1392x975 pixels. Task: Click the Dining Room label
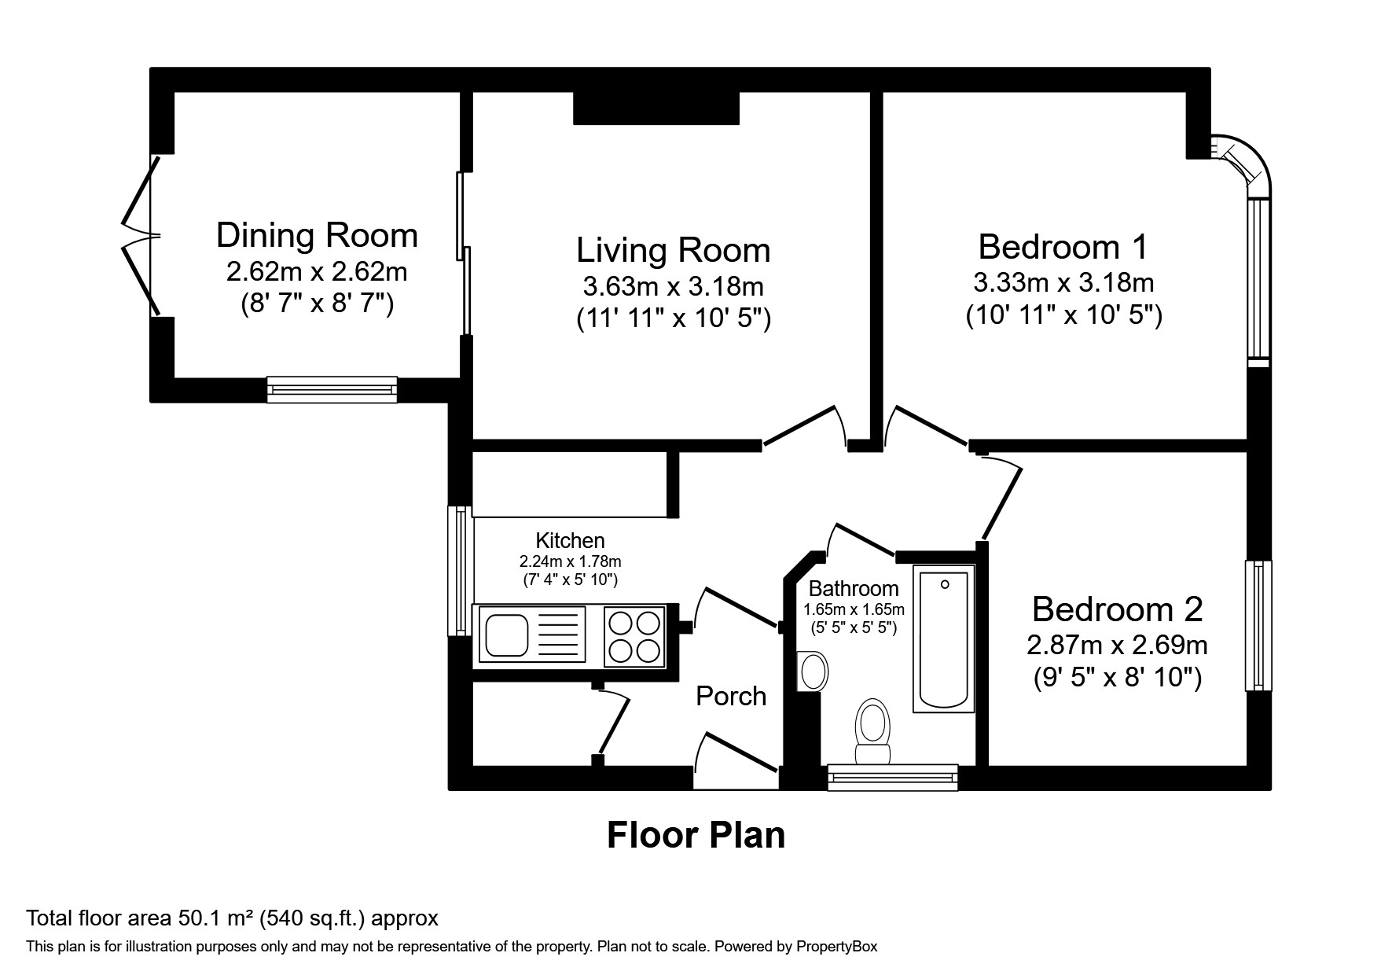tap(317, 235)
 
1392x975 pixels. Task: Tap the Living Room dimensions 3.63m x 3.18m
tap(673, 285)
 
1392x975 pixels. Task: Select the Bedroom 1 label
tap(1063, 247)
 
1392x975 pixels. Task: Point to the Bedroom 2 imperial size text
tap(1117, 677)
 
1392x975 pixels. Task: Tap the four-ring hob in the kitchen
tap(634, 637)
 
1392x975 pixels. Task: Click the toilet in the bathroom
tap(872, 731)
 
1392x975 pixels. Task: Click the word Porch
tap(731, 696)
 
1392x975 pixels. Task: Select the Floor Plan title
tap(696, 835)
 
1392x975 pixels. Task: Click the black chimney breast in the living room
tap(656, 109)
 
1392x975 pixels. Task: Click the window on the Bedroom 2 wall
tap(1258, 625)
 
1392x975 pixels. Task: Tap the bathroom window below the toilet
tap(892, 777)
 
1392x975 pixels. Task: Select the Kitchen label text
tap(570, 540)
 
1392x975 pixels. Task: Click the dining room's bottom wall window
tap(332, 389)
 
